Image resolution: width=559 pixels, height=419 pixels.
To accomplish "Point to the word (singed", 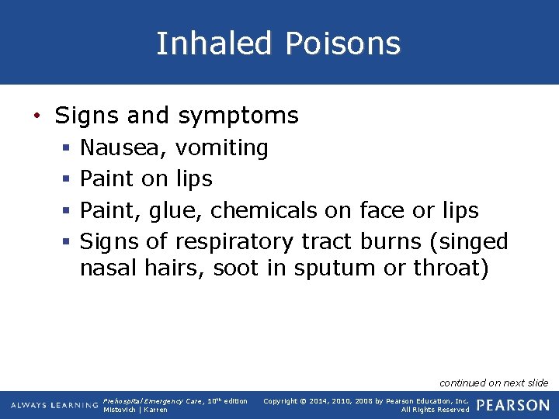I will (468, 242).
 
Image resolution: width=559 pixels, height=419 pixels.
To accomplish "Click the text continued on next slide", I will (494, 383).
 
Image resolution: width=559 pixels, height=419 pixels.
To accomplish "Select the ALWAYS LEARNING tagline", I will (54, 405).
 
